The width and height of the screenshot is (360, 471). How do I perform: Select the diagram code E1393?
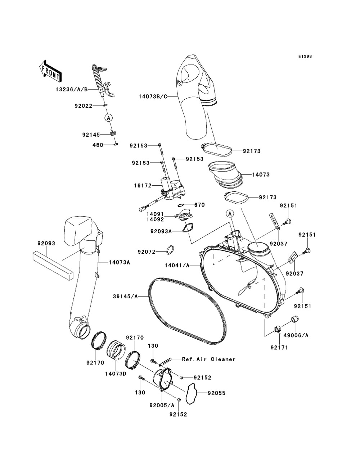pos(305,56)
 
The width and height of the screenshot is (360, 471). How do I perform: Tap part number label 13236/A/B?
pos(72,89)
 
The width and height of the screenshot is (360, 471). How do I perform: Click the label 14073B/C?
pos(153,96)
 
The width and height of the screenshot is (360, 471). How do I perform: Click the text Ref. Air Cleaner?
pos(209,359)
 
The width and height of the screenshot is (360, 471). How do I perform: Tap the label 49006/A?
pos(296,335)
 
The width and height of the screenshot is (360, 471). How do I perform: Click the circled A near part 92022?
pos(109,118)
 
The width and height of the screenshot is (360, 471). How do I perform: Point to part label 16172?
pos(143,185)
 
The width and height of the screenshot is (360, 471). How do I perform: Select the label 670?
pos(199,205)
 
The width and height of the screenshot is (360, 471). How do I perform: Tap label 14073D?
pos(116,373)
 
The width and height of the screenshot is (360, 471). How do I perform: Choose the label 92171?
pos(279,347)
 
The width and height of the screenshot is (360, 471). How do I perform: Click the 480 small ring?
pos(116,144)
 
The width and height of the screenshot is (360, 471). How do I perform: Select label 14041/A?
pos(177,266)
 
